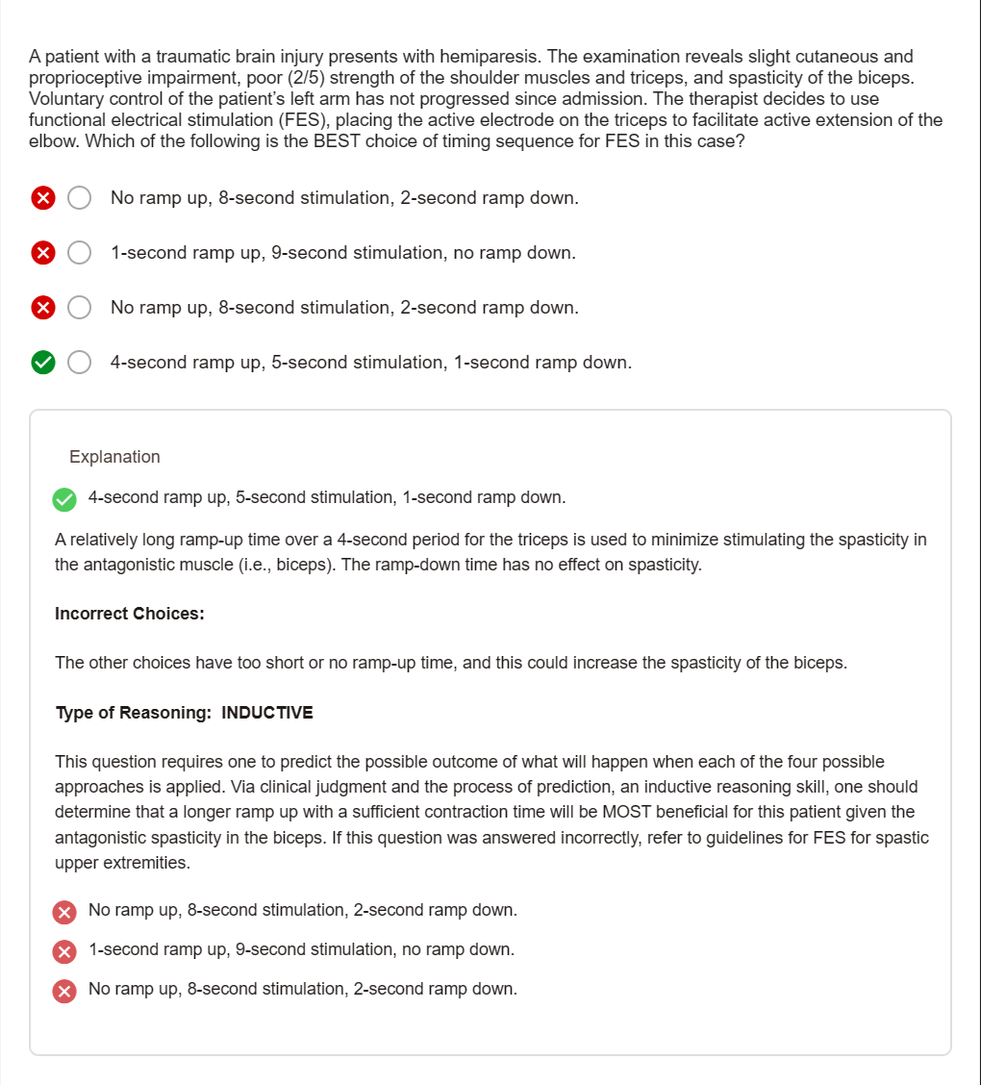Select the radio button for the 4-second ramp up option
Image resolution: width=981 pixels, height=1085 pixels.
[x=80, y=363]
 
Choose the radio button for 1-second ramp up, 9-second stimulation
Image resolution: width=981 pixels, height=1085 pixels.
[x=80, y=253]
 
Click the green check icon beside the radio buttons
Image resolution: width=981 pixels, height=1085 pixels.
[x=42, y=363]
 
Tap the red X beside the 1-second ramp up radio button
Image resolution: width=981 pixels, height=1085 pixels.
[x=42, y=253]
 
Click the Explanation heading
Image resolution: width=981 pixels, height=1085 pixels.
[x=114, y=457]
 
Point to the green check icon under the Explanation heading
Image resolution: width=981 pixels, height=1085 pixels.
[x=64, y=499]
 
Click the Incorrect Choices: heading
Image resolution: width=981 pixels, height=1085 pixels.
[x=129, y=614]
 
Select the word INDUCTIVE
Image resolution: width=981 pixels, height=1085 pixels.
[x=267, y=713]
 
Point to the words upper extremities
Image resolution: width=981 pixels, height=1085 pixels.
[x=121, y=863]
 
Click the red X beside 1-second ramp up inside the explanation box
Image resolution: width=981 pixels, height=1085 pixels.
[x=64, y=951]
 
